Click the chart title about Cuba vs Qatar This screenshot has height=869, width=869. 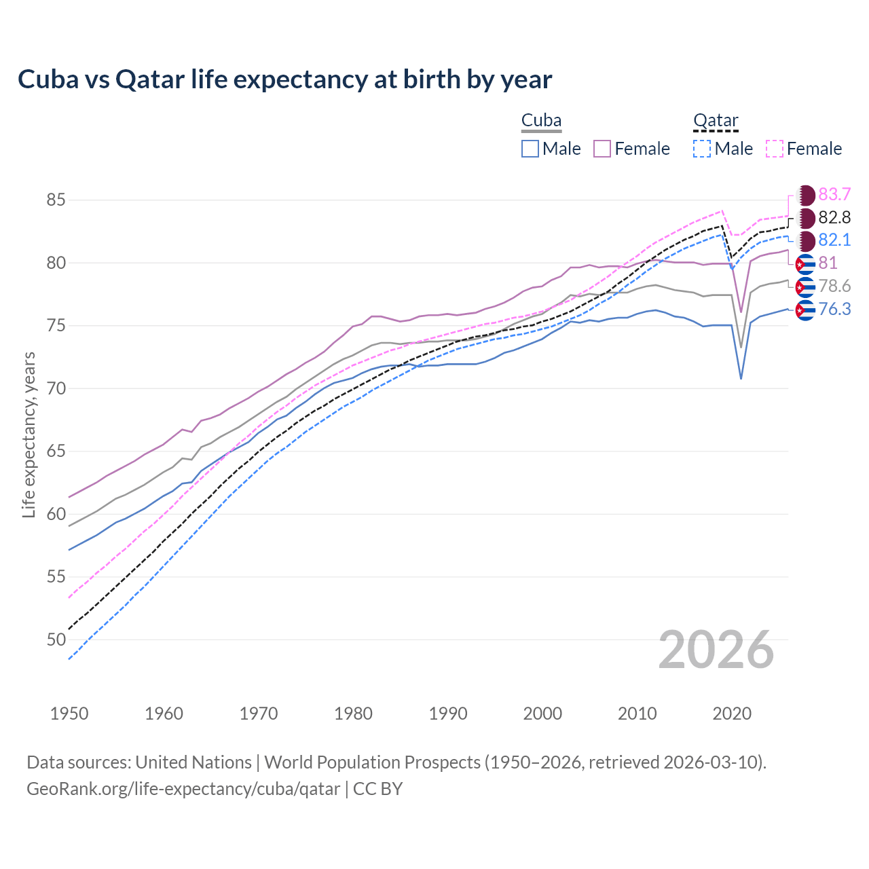284,79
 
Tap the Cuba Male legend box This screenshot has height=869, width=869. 530,149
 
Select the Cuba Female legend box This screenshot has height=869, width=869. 602,149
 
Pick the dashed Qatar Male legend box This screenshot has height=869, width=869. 702,149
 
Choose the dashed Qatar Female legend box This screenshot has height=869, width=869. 775,149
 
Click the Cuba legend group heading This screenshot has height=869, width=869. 541,121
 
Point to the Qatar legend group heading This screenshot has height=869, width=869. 716,121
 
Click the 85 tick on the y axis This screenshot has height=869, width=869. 56,200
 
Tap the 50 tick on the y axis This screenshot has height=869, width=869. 56,640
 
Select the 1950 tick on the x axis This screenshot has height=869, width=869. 69,714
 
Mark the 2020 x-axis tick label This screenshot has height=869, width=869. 733,714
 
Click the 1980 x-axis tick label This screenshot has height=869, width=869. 353,714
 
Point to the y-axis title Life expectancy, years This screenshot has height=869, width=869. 29,434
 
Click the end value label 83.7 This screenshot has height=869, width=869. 834,195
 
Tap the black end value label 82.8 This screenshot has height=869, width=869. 834,218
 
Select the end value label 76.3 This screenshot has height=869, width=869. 834,310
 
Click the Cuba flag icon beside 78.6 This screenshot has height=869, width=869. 805,287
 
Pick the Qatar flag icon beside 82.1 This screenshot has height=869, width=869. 805,240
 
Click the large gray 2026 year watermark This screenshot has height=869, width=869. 716,650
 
